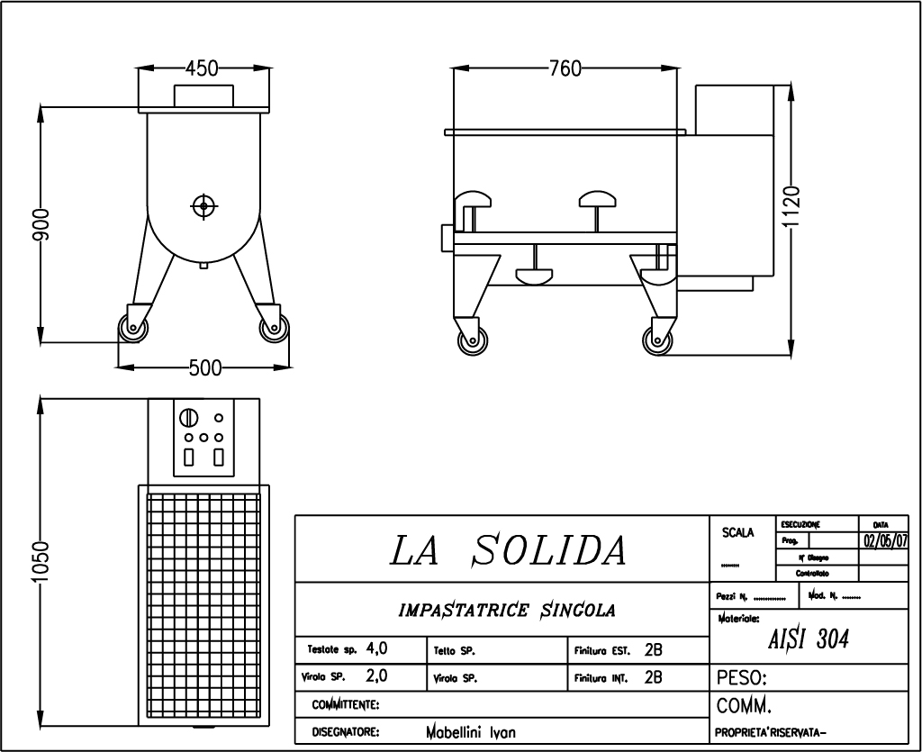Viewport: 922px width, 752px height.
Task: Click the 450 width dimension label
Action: [x=202, y=69]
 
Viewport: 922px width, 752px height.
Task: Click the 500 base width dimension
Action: [x=205, y=367]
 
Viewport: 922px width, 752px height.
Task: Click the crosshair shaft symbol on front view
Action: [x=203, y=206]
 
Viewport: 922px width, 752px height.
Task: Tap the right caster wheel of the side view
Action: [x=657, y=341]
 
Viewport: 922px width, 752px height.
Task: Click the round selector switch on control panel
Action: [x=189, y=419]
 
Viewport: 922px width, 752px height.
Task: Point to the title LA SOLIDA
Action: [x=509, y=550]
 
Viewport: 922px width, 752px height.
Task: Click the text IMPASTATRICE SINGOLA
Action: [x=507, y=611]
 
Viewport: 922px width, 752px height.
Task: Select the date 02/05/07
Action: [x=885, y=541]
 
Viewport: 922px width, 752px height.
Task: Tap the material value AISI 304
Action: [x=808, y=639]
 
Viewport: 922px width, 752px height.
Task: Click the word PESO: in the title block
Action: [x=741, y=677]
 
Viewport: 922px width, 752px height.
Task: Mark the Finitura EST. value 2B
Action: [x=654, y=649]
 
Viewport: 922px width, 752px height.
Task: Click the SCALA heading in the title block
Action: [x=737, y=533]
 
